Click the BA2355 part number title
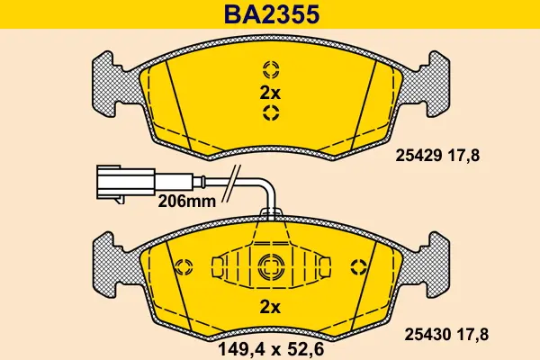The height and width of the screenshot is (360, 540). click(x=270, y=15)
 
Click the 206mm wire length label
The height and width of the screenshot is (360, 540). click(x=186, y=202)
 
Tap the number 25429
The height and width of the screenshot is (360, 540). click(x=417, y=155)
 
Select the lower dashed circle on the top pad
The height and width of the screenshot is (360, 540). click(x=270, y=112)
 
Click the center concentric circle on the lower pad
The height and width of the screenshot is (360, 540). click(x=270, y=265)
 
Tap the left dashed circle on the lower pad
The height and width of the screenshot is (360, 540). click(x=184, y=266)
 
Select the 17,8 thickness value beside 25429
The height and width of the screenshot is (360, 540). click(x=463, y=155)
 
